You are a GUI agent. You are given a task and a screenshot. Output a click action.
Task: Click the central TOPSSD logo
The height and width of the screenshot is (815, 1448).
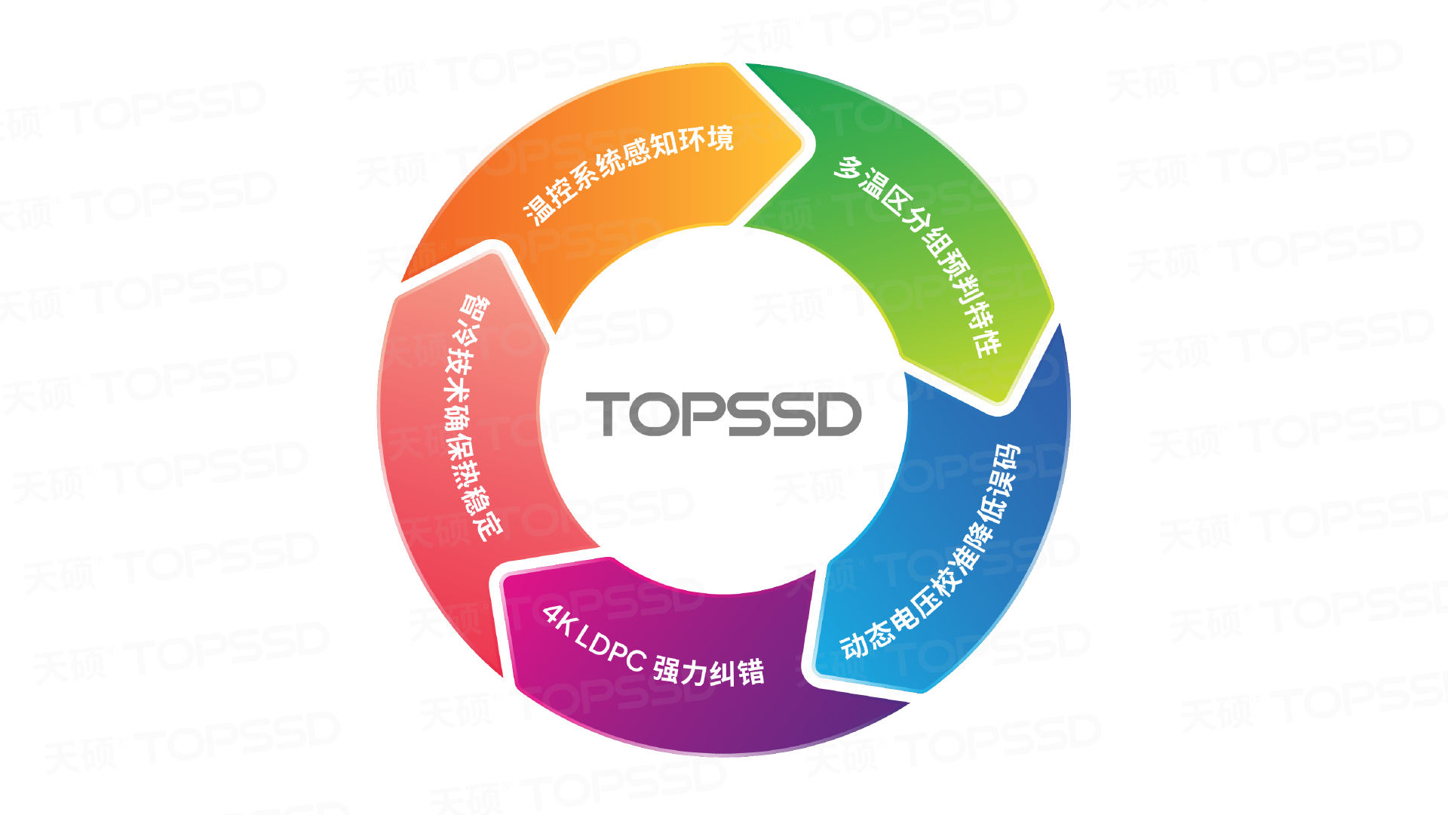point(723,414)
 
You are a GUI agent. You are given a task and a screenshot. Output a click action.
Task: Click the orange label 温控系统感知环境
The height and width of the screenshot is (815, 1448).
point(629,174)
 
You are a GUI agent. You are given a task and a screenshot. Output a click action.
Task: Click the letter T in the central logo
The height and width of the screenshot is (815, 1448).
point(607,413)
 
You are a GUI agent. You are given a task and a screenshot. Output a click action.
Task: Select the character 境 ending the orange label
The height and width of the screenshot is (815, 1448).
point(719,138)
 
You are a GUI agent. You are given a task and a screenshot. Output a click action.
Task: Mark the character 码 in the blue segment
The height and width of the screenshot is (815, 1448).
point(1008,457)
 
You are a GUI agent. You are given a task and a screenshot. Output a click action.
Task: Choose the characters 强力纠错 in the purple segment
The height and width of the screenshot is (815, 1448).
point(709,671)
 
